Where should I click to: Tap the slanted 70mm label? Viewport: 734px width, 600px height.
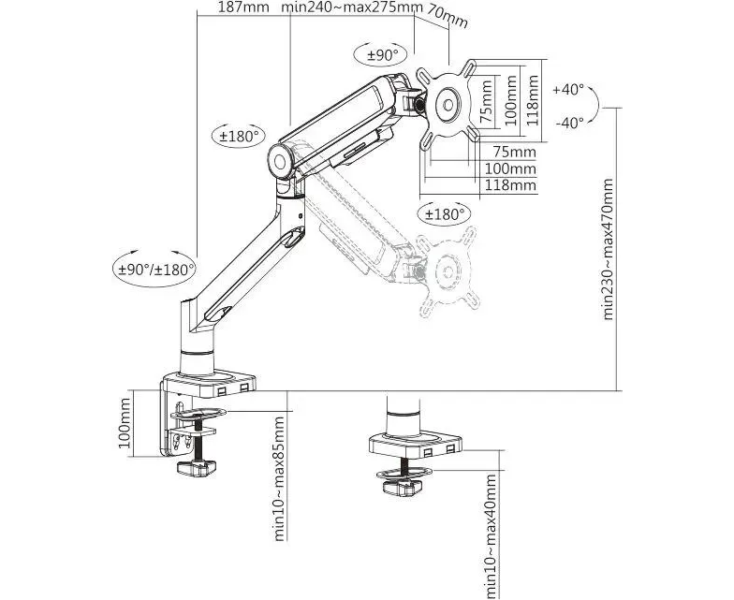448,16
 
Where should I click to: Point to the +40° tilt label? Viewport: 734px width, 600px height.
568,90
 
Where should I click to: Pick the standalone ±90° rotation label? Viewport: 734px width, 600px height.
382,55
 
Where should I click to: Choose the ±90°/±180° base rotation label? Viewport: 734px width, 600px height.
155,270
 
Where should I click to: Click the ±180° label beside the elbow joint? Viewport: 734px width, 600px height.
239,137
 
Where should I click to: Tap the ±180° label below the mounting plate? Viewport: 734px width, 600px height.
445,214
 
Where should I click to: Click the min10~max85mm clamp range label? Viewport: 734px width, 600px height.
278,476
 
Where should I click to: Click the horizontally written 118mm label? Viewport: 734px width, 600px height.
510,185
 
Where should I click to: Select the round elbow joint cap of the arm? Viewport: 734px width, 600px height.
282,159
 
